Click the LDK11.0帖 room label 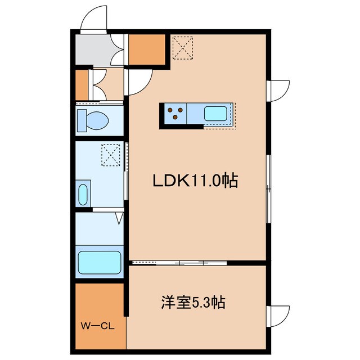[x=195, y=181]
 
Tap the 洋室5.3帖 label [x=193, y=303]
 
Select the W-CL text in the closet [x=97, y=326]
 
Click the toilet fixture [x=93, y=120]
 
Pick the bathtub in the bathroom [x=100, y=263]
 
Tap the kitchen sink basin [x=215, y=114]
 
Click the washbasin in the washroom [x=83, y=195]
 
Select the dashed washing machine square [x=111, y=155]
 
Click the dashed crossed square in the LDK [x=182, y=48]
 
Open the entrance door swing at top [x=94, y=19]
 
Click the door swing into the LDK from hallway [x=138, y=82]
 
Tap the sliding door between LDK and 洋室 [x=179, y=263]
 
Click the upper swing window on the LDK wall [x=278, y=91]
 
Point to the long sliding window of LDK [x=268, y=189]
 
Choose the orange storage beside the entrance [x=147, y=49]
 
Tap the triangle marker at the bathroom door [x=119, y=218]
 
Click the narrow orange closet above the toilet [x=82, y=85]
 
